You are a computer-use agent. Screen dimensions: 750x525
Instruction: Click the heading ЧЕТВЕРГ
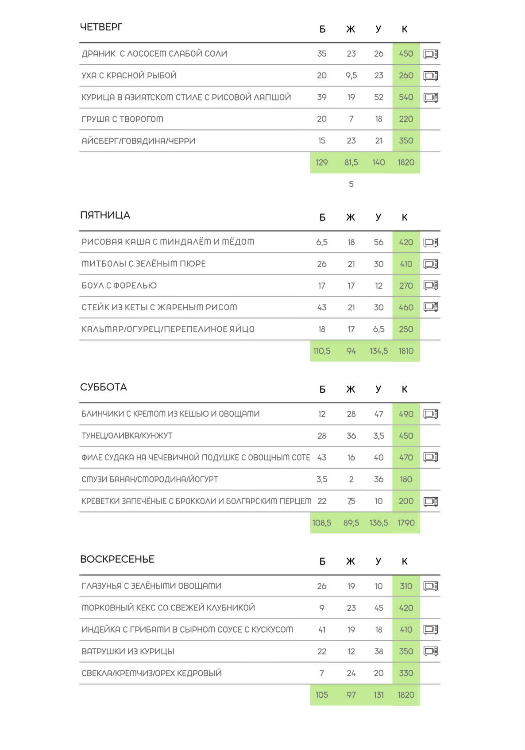[x=101, y=27]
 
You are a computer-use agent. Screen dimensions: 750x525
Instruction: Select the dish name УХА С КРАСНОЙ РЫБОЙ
[x=129, y=76]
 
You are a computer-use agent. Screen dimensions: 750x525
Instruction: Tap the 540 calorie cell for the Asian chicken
[x=406, y=97]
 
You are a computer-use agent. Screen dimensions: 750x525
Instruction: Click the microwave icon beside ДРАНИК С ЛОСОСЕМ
[x=431, y=54]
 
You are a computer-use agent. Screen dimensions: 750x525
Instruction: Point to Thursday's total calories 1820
[x=406, y=162]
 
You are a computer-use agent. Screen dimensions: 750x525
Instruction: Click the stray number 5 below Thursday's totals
[x=351, y=184]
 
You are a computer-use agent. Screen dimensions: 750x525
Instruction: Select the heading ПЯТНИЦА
[x=105, y=216]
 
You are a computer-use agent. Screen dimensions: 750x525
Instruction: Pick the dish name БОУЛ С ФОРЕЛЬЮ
[x=119, y=286]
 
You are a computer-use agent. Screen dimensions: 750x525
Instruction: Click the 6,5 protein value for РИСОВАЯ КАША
[x=322, y=243]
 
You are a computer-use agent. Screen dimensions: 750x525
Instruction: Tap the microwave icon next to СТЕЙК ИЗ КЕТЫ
[x=431, y=307]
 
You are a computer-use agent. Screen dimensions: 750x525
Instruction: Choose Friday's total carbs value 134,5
[x=378, y=351]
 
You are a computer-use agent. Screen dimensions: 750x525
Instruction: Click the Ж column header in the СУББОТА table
[x=351, y=390]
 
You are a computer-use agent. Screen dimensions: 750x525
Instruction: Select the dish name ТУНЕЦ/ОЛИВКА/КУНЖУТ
[x=127, y=436]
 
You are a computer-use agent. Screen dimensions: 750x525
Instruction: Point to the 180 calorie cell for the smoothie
[x=406, y=479]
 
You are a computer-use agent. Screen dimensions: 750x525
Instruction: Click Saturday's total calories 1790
[x=406, y=523]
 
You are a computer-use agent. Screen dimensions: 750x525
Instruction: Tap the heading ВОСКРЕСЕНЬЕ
[x=117, y=560]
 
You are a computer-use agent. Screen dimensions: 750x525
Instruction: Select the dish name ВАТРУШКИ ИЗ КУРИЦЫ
[x=128, y=652]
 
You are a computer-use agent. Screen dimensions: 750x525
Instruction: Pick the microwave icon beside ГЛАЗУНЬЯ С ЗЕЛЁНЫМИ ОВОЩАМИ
[x=431, y=586]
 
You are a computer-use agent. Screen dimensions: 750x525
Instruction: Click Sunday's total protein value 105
[x=322, y=695]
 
